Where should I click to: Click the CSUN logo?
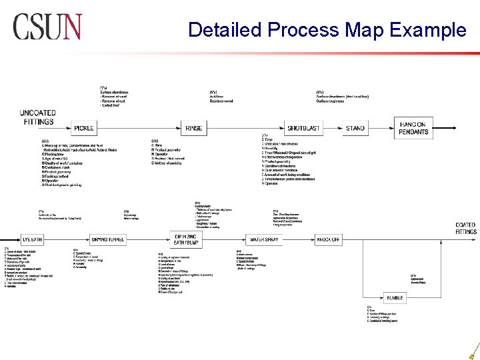coord(47,27)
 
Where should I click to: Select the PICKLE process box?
coord(84,128)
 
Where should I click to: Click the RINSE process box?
coord(193,128)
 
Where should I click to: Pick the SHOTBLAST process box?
coord(303,128)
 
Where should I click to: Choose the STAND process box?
coord(355,128)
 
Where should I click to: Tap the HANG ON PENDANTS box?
coord(413,128)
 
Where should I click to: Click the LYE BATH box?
coord(32,239)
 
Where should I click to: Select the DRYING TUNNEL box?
coord(107,239)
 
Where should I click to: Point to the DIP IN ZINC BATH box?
coord(187,239)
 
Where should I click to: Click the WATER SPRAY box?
coord(263,239)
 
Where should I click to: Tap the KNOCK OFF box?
coord(328,239)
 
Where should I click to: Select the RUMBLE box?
coord(395,297)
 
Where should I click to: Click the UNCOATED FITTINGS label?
coord(38,118)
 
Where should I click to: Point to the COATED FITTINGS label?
coord(465,229)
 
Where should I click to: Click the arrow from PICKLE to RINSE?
coord(138,128)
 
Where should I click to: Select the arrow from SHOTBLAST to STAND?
coord(333,128)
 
